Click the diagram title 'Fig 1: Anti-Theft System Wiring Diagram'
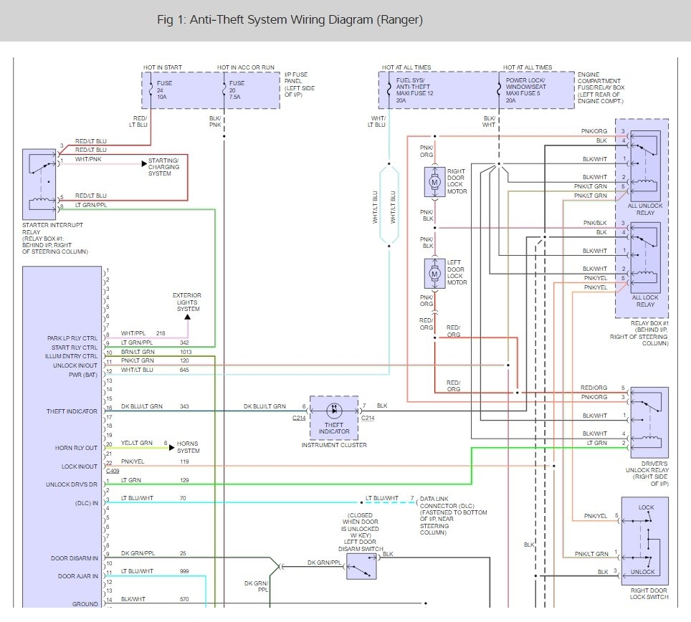click(x=265, y=20)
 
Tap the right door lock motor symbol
click(x=434, y=182)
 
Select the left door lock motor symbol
click(x=434, y=274)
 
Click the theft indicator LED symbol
click(x=334, y=410)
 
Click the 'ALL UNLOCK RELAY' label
click(x=645, y=209)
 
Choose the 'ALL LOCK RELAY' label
click(x=645, y=301)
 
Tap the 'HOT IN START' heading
click(x=162, y=67)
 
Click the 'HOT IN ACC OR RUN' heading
click(x=245, y=67)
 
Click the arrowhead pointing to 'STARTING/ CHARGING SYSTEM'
click(x=144, y=164)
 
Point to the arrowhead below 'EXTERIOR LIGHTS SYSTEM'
click(x=188, y=317)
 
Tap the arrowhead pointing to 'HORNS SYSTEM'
click(x=172, y=448)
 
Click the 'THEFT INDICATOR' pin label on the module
click(x=72, y=411)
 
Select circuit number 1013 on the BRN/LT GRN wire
click(x=186, y=352)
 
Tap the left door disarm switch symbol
click(x=361, y=567)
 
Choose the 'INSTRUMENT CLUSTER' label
click(x=334, y=445)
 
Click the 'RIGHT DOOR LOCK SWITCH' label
click(x=649, y=594)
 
